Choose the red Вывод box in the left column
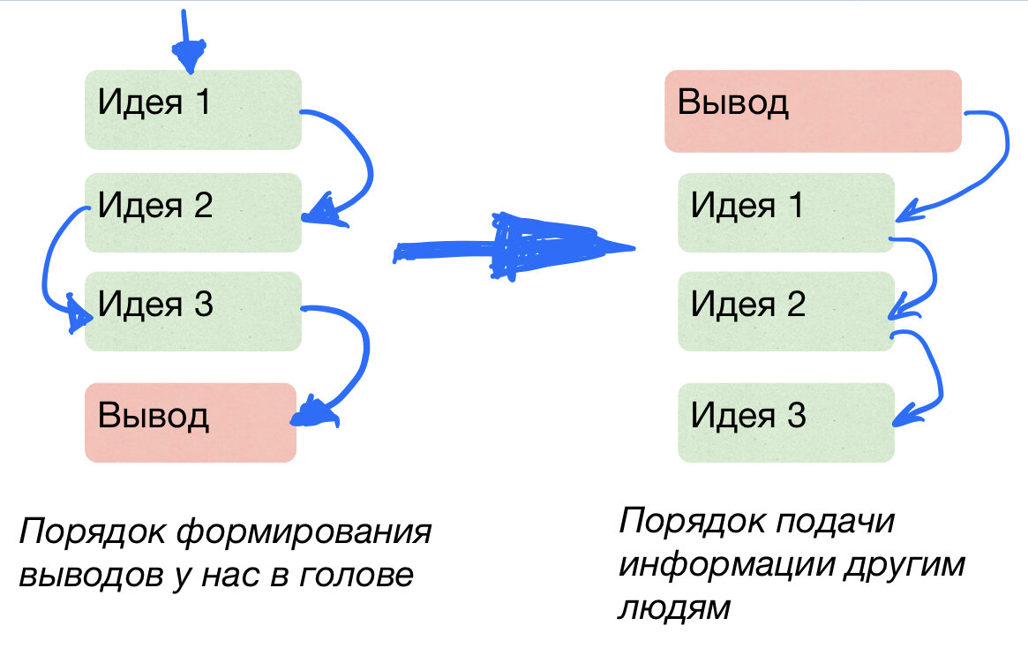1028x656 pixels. point(190,422)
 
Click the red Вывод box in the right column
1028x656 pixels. point(812,109)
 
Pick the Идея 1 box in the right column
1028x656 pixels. point(785,212)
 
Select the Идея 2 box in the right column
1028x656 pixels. point(785,311)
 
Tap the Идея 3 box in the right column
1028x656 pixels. point(785,421)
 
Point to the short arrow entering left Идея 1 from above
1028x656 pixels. point(185,40)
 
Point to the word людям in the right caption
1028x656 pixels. point(676,607)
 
